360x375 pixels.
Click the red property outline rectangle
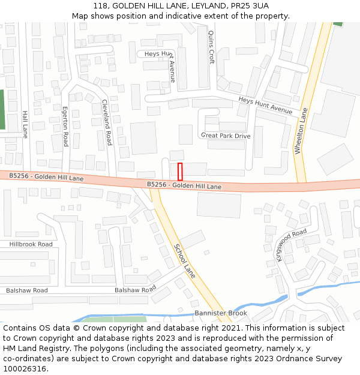click(180, 172)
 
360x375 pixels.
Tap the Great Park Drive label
click(226, 136)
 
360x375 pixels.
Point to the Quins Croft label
click(211, 48)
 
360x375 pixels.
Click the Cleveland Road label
click(107, 122)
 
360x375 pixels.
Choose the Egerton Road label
click(65, 127)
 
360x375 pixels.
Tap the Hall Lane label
click(25, 124)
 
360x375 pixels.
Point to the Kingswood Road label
click(292, 245)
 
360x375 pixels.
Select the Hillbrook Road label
click(31, 244)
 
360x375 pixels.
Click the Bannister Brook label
click(221, 313)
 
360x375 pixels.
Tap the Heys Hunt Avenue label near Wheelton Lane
click(265, 106)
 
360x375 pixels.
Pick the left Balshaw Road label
click(27, 290)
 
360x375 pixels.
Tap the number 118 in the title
click(100, 6)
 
